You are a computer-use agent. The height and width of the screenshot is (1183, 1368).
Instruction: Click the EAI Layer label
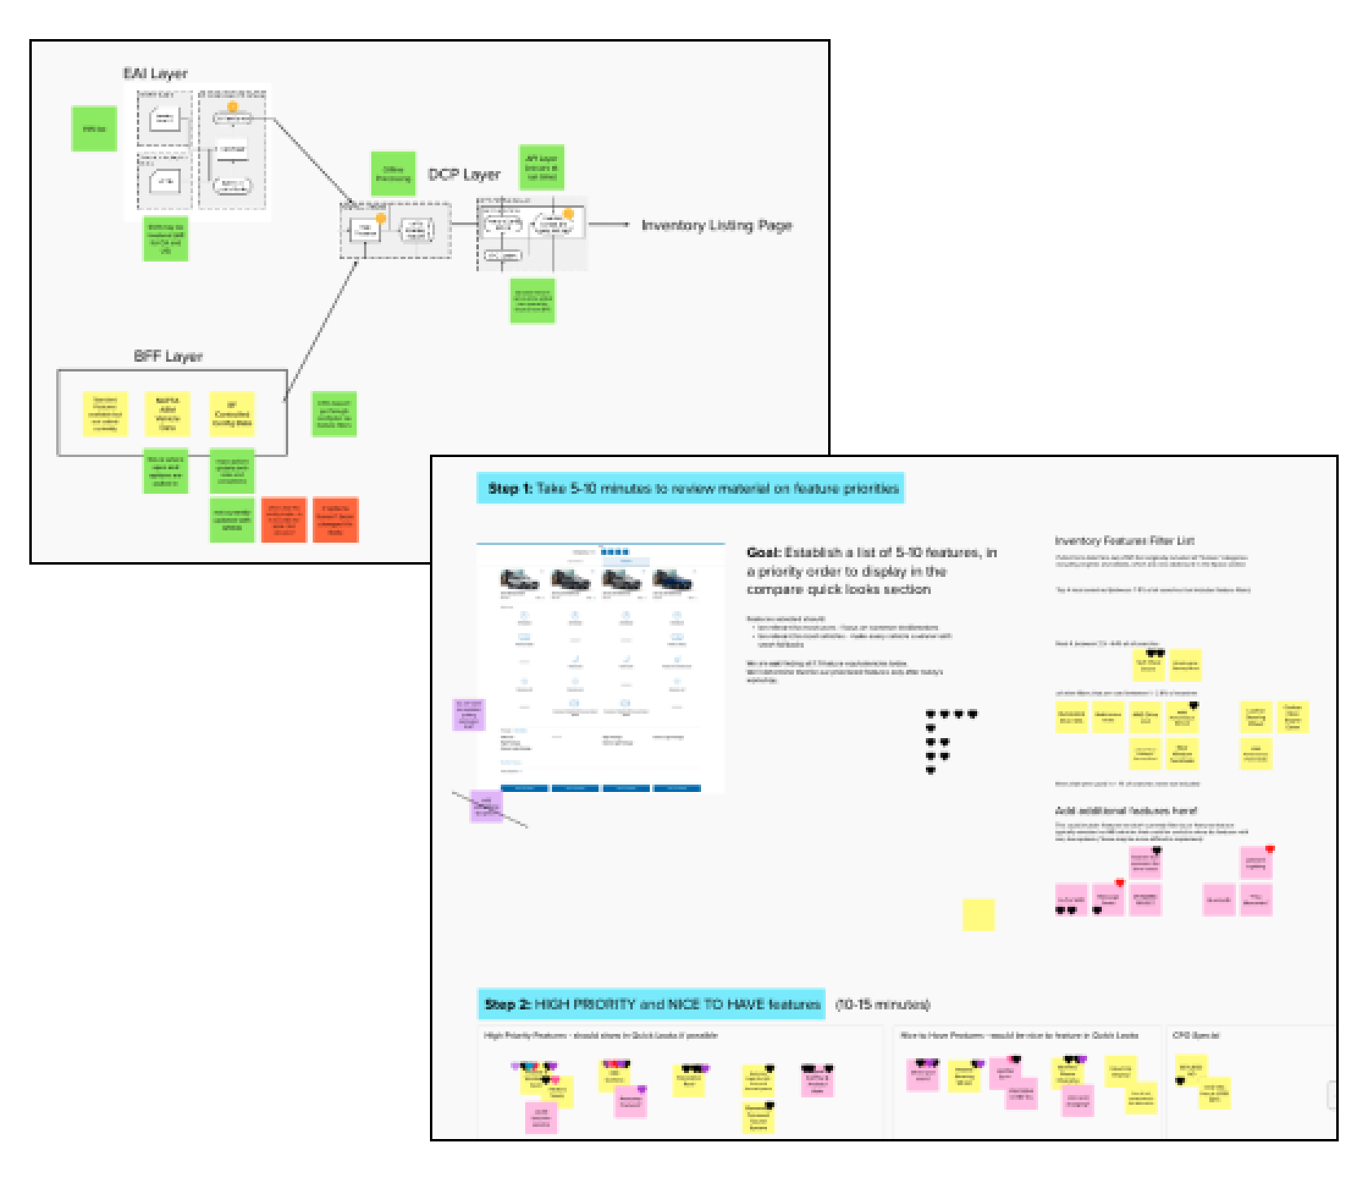click(x=156, y=74)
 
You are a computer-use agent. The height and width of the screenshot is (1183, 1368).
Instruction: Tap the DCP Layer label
click(x=464, y=174)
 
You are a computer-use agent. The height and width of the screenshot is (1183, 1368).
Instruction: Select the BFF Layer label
click(x=168, y=357)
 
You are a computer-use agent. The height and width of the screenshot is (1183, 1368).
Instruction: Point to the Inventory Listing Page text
click(x=717, y=226)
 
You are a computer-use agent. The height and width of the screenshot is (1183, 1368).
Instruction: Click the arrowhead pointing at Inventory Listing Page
click(x=625, y=225)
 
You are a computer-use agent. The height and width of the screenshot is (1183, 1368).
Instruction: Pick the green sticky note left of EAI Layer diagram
click(x=94, y=129)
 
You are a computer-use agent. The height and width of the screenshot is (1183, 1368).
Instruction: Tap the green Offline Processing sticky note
click(x=393, y=174)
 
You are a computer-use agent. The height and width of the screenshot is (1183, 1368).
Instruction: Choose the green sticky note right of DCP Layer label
click(x=541, y=168)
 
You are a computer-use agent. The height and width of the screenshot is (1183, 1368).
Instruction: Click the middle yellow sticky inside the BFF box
click(x=168, y=414)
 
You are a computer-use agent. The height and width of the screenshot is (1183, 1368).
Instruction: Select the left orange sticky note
click(x=283, y=520)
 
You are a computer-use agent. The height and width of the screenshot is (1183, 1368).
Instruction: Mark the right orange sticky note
click(x=335, y=520)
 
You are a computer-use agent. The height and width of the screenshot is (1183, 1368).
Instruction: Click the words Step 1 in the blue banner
click(x=510, y=489)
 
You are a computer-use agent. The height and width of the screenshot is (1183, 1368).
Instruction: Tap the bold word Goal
click(x=764, y=552)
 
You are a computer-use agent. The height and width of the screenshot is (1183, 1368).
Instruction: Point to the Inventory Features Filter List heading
click(x=1125, y=541)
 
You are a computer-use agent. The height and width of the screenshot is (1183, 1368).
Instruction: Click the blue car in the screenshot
click(x=673, y=581)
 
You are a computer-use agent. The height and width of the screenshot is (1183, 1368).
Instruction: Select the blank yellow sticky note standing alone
click(x=978, y=915)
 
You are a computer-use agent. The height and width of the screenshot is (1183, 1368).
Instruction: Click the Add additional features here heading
click(x=1126, y=811)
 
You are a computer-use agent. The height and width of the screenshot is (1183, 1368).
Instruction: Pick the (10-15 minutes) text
click(x=883, y=1005)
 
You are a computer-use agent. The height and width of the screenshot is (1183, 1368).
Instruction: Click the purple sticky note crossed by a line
click(x=487, y=806)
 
